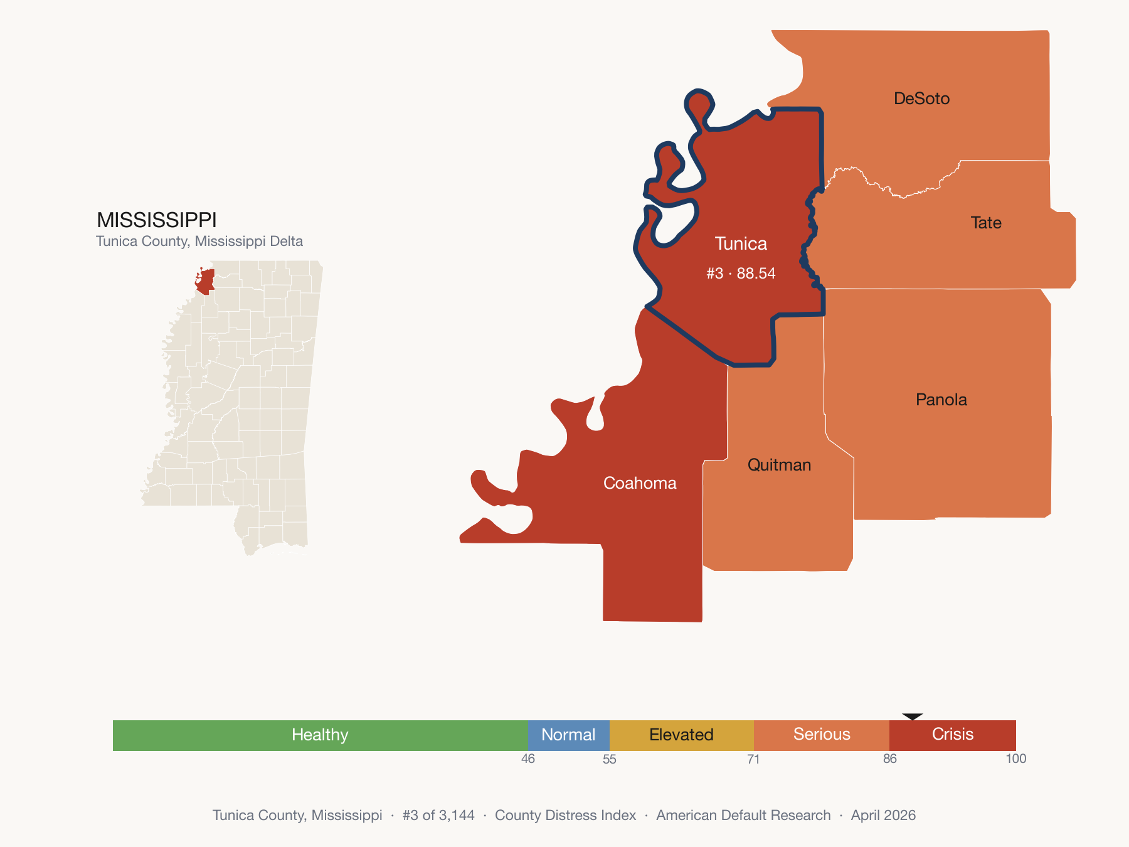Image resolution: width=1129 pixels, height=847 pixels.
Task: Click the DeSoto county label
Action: pyautogui.click(x=921, y=99)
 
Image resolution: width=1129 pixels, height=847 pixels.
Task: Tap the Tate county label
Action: pyautogui.click(x=985, y=223)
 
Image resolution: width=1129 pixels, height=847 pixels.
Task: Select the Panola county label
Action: pyautogui.click(x=941, y=400)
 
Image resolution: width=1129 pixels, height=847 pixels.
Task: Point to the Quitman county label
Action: pyautogui.click(x=779, y=465)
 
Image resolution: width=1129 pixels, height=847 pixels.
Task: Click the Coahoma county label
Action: pyautogui.click(x=640, y=483)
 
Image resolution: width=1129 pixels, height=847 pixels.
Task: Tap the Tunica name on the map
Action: pyautogui.click(x=741, y=244)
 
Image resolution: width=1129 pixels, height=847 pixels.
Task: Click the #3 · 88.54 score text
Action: pyautogui.click(x=741, y=274)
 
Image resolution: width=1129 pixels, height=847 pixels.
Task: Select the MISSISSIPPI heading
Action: pyautogui.click(x=157, y=220)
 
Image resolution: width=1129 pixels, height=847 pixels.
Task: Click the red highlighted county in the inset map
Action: pyautogui.click(x=206, y=282)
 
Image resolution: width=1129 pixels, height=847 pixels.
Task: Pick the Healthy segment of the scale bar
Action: pyautogui.click(x=320, y=735)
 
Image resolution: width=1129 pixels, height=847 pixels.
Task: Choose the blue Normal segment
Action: pyautogui.click(x=568, y=735)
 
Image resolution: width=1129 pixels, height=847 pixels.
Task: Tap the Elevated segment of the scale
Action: pyautogui.click(x=681, y=735)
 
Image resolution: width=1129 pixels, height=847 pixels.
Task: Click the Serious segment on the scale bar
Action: pyautogui.click(x=822, y=735)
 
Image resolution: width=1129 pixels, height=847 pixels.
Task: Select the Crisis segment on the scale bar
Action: pyautogui.click(x=952, y=735)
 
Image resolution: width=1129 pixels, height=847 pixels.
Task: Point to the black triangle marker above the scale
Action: pyautogui.click(x=913, y=716)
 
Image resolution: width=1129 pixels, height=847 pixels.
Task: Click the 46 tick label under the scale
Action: pyautogui.click(x=528, y=759)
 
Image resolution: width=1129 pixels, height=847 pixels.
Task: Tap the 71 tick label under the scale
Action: pyautogui.click(x=753, y=759)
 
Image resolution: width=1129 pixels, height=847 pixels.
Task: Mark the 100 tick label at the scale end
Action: pyautogui.click(x=1015, y=759)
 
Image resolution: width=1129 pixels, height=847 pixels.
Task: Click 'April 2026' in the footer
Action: pyautogui.click(x=883, y=816)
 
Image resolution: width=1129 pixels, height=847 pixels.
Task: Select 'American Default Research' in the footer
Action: pyautogui.click(x=743, y=816)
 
